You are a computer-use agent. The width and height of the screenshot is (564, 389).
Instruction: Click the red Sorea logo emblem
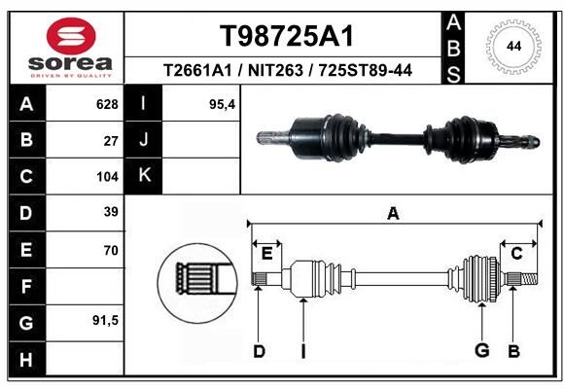tap(71, 36)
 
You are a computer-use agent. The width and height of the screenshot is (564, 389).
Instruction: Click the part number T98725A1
tap(287, 36)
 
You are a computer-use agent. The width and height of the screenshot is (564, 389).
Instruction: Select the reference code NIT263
tap(275, 71)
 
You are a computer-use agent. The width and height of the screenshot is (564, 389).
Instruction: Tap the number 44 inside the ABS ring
tap(513, 47)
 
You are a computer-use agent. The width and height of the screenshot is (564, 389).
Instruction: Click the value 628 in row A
tap(107, 104)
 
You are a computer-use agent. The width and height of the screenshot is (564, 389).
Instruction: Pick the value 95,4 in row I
tap(222, 105)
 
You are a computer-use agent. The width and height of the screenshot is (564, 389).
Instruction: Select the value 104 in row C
tap(107, 177)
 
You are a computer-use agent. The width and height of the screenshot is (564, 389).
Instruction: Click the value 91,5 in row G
tap(105, 320)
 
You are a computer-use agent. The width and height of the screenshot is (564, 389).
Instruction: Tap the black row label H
tap(26, 359)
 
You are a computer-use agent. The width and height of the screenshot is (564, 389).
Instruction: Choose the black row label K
tap(144, 176)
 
